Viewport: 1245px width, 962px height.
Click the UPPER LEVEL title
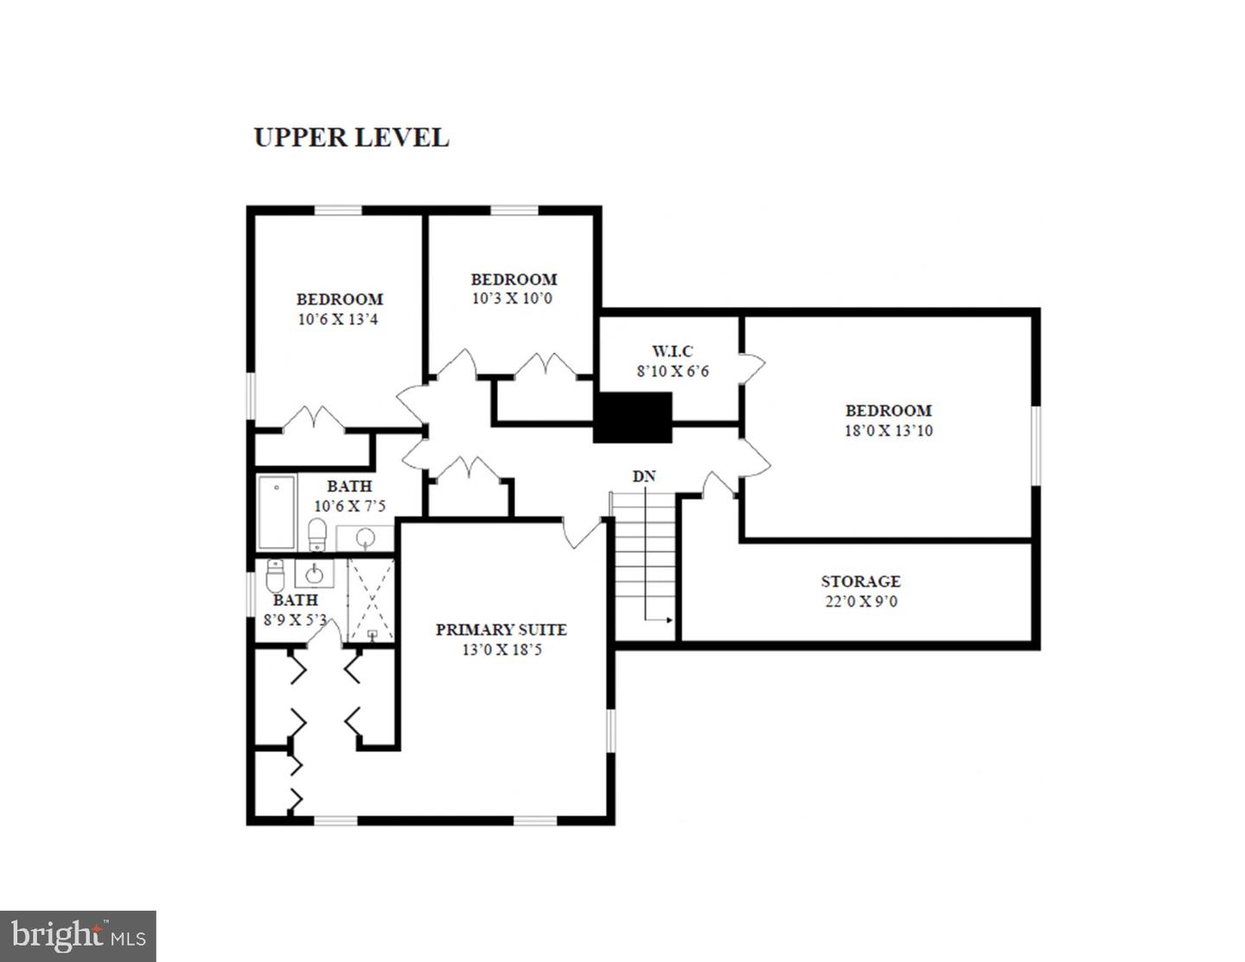click(x=351, y=137)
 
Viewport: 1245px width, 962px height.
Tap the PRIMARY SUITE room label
click(x=501, y=629)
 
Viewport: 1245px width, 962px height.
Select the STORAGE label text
click(x=860, y=582)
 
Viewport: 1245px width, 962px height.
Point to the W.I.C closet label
click(x=672, y=351)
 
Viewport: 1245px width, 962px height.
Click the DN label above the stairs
click(x=643, y=476)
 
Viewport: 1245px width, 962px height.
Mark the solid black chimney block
click(x=633, y=417)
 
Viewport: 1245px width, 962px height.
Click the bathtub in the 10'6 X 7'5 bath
click(x=277, y=512)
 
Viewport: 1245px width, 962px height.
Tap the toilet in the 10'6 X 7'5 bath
click(x=317, y=534)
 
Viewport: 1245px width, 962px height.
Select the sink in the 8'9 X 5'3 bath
click(x=314, y=573)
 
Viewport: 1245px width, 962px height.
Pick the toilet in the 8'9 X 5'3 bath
click(x=276, y=573)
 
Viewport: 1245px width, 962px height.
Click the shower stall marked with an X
click(x=371, y=599)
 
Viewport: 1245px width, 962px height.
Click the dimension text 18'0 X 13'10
click(x=888, y=430)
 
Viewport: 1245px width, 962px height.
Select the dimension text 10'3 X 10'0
click(x=512, y=299)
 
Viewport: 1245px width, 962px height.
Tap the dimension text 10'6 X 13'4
click(x=338, y=319)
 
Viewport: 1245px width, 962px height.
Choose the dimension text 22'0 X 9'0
click(x=860, y=602)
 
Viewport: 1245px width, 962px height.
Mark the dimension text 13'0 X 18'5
click(x=501, y=650)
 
